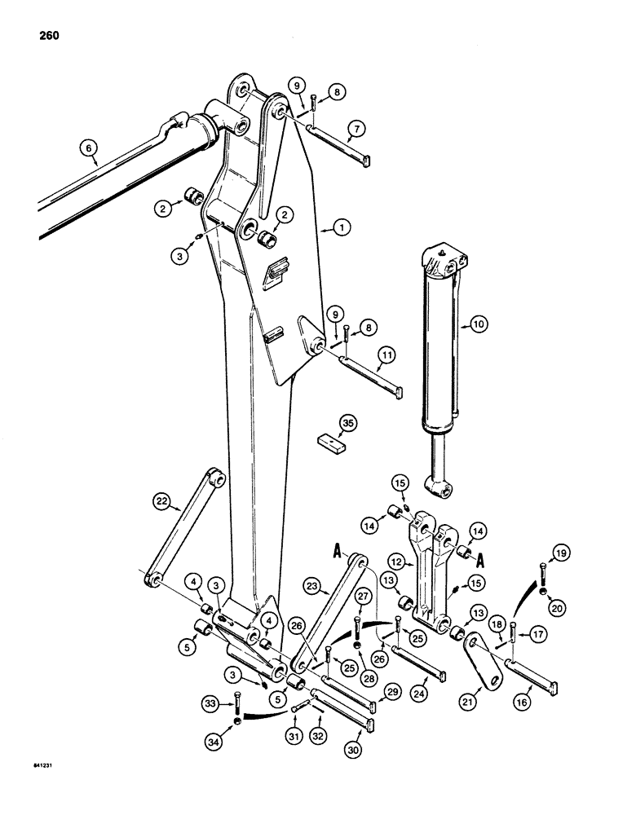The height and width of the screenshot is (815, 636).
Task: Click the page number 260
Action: point(48,36)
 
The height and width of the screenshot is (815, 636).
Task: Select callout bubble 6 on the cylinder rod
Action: point(88,148)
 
